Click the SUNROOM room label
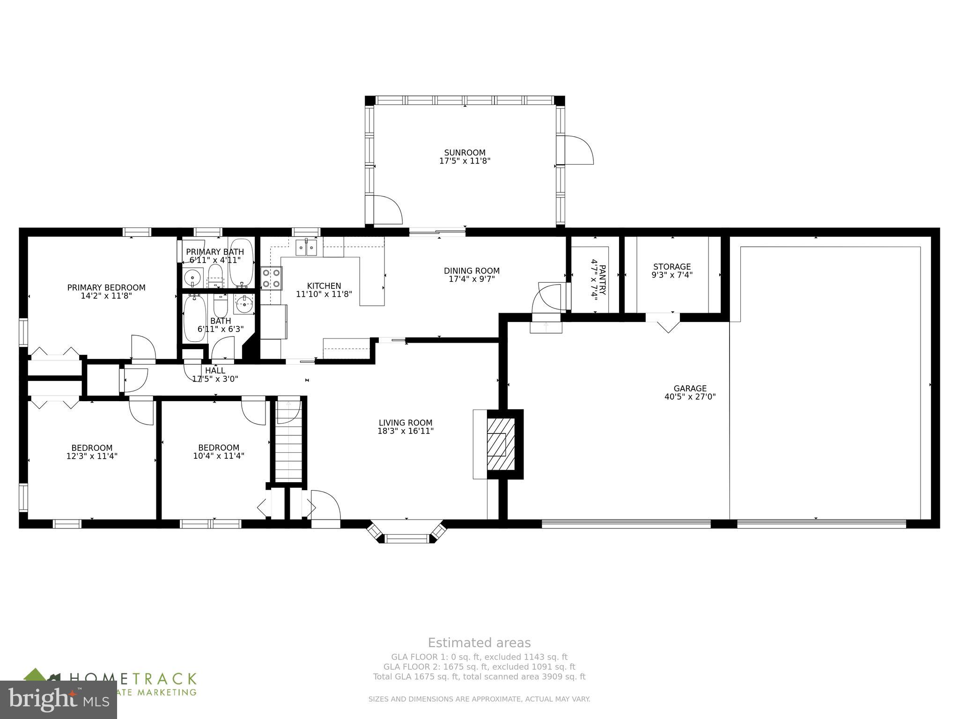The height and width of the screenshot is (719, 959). (x=465, y=153)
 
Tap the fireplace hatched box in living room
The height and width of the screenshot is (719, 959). (x=501, y=444)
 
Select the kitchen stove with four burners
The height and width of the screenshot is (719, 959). (x=272, y=278)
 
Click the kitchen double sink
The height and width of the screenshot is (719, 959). (x=306, y=248)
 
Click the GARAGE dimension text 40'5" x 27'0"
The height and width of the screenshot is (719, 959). (x=690, y=397)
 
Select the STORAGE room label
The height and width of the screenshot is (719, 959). (x=672, y=267)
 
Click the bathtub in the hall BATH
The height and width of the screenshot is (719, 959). (x=192, y=318)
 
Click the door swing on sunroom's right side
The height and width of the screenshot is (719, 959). (x=580, y=150)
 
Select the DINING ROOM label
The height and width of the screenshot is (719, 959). (x=472, y=271)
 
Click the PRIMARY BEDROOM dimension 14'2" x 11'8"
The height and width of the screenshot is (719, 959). (x=106, y=296)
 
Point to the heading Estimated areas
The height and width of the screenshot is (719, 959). (x=479, y=643)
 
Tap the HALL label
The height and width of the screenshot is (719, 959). (x=215, y=370)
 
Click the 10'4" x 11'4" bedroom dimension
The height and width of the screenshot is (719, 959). (x=219, y=455)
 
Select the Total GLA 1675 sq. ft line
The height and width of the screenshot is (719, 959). (x=479, y=676)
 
